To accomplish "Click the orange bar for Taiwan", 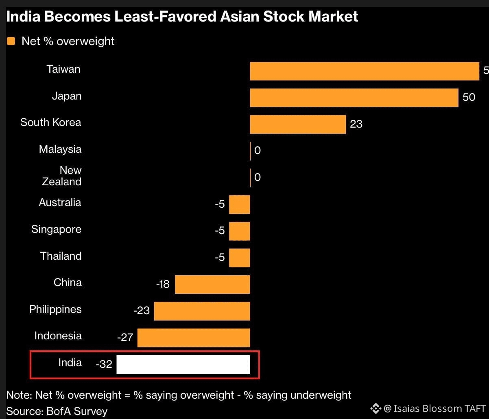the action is pyautogui.click(x=365, y=71).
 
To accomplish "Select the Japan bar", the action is pyautogui.click(x=354, y=98).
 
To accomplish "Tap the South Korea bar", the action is pyautogui.click(x=298, y=124).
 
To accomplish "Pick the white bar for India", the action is pyautogui.click(x=183, y=365).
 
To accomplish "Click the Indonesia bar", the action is pyautogui.click(x=194, y=338).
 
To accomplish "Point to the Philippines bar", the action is pyautogui.click(x=202, y=311).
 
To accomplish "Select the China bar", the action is pyautogui.click(x=212, y=284).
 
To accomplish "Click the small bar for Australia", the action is pyautogui.click(x=239, y=204).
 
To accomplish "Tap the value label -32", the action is pyautogui.click(x=104, y=364).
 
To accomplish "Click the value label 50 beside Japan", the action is pyautogui.click(x=469, y=97).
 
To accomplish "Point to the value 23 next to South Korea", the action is pyautogui.click(x=356, y=124).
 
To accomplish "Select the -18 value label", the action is pyautogui.click(x=163, y=284).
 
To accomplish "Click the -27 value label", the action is pyautogui.click(x=125, y=337).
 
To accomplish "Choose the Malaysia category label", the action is pyautogui.click(x=60, y=149).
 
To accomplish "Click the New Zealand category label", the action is pyautogui.click(x=62, y=176).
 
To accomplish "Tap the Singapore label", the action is pyautogui.click(x=56, y=230).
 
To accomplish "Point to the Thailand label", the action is pyautogui.click(x=61, y=256).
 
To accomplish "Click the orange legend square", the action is pyautogui.click(x=11, y=41).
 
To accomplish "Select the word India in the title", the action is pyautogui.click(x=23, y=17).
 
